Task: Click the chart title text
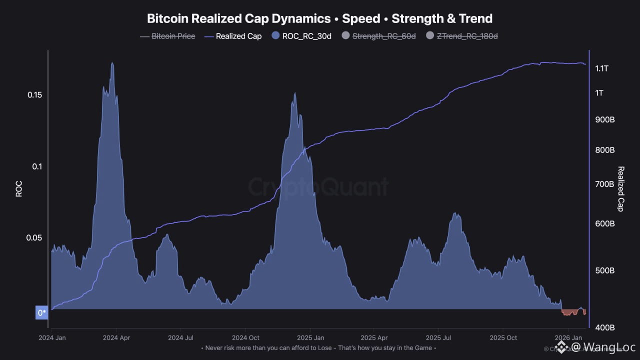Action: tap(319, 18)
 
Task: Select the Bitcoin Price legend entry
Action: tap(173, 36)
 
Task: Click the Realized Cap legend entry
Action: tap(238, 36)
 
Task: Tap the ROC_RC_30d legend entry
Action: tap(306, 36)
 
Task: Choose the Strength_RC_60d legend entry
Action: tap(383, 36)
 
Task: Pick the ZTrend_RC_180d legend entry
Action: tap(467, 36)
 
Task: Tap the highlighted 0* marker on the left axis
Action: tap(41, 313)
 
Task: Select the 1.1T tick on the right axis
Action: tap(602, 68)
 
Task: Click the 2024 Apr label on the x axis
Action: tap(116, 337)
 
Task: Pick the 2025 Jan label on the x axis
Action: tap(310, 337)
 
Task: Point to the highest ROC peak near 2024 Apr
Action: tap(112, 63)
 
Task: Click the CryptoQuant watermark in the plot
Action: tap(318, 187)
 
